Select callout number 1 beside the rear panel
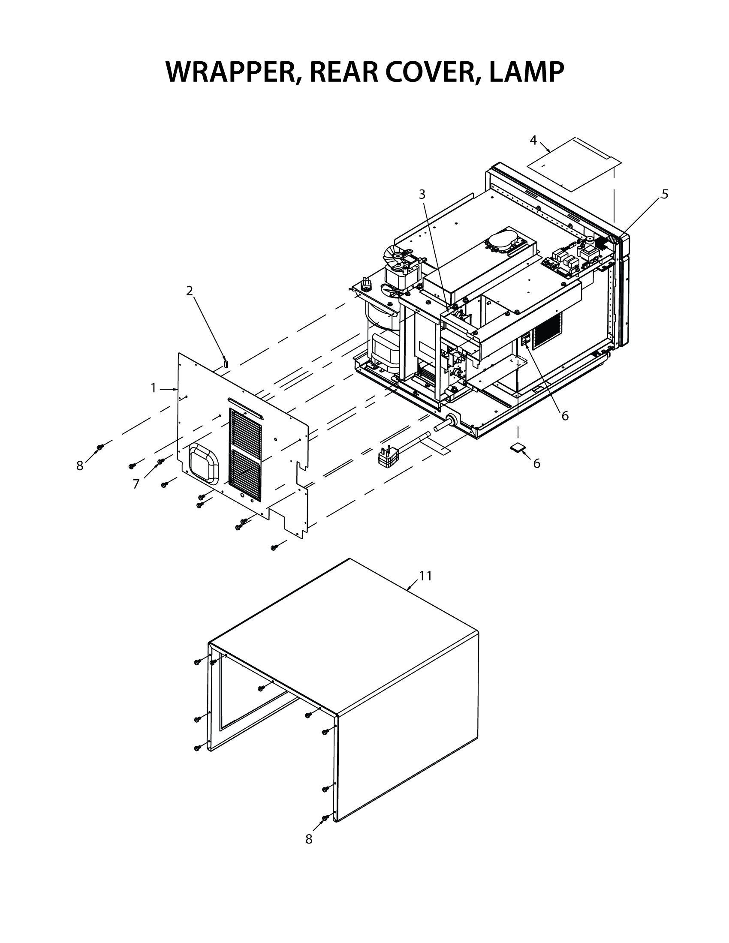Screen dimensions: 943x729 (x=153, y=389)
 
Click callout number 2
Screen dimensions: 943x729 (x=189, y=291)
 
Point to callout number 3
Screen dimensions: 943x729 (x=422, y=195)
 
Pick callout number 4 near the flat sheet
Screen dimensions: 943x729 (x=533, y=140)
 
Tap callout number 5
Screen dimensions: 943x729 (x=665, y=194)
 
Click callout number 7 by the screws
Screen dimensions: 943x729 (x=136, y=484)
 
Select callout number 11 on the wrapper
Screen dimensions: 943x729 (x=425, y=577)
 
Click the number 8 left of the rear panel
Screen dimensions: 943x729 (x=80, y=466)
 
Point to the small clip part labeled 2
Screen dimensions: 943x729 (x=225, y=362)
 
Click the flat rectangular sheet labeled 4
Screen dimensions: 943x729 (x=574, y=165)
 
